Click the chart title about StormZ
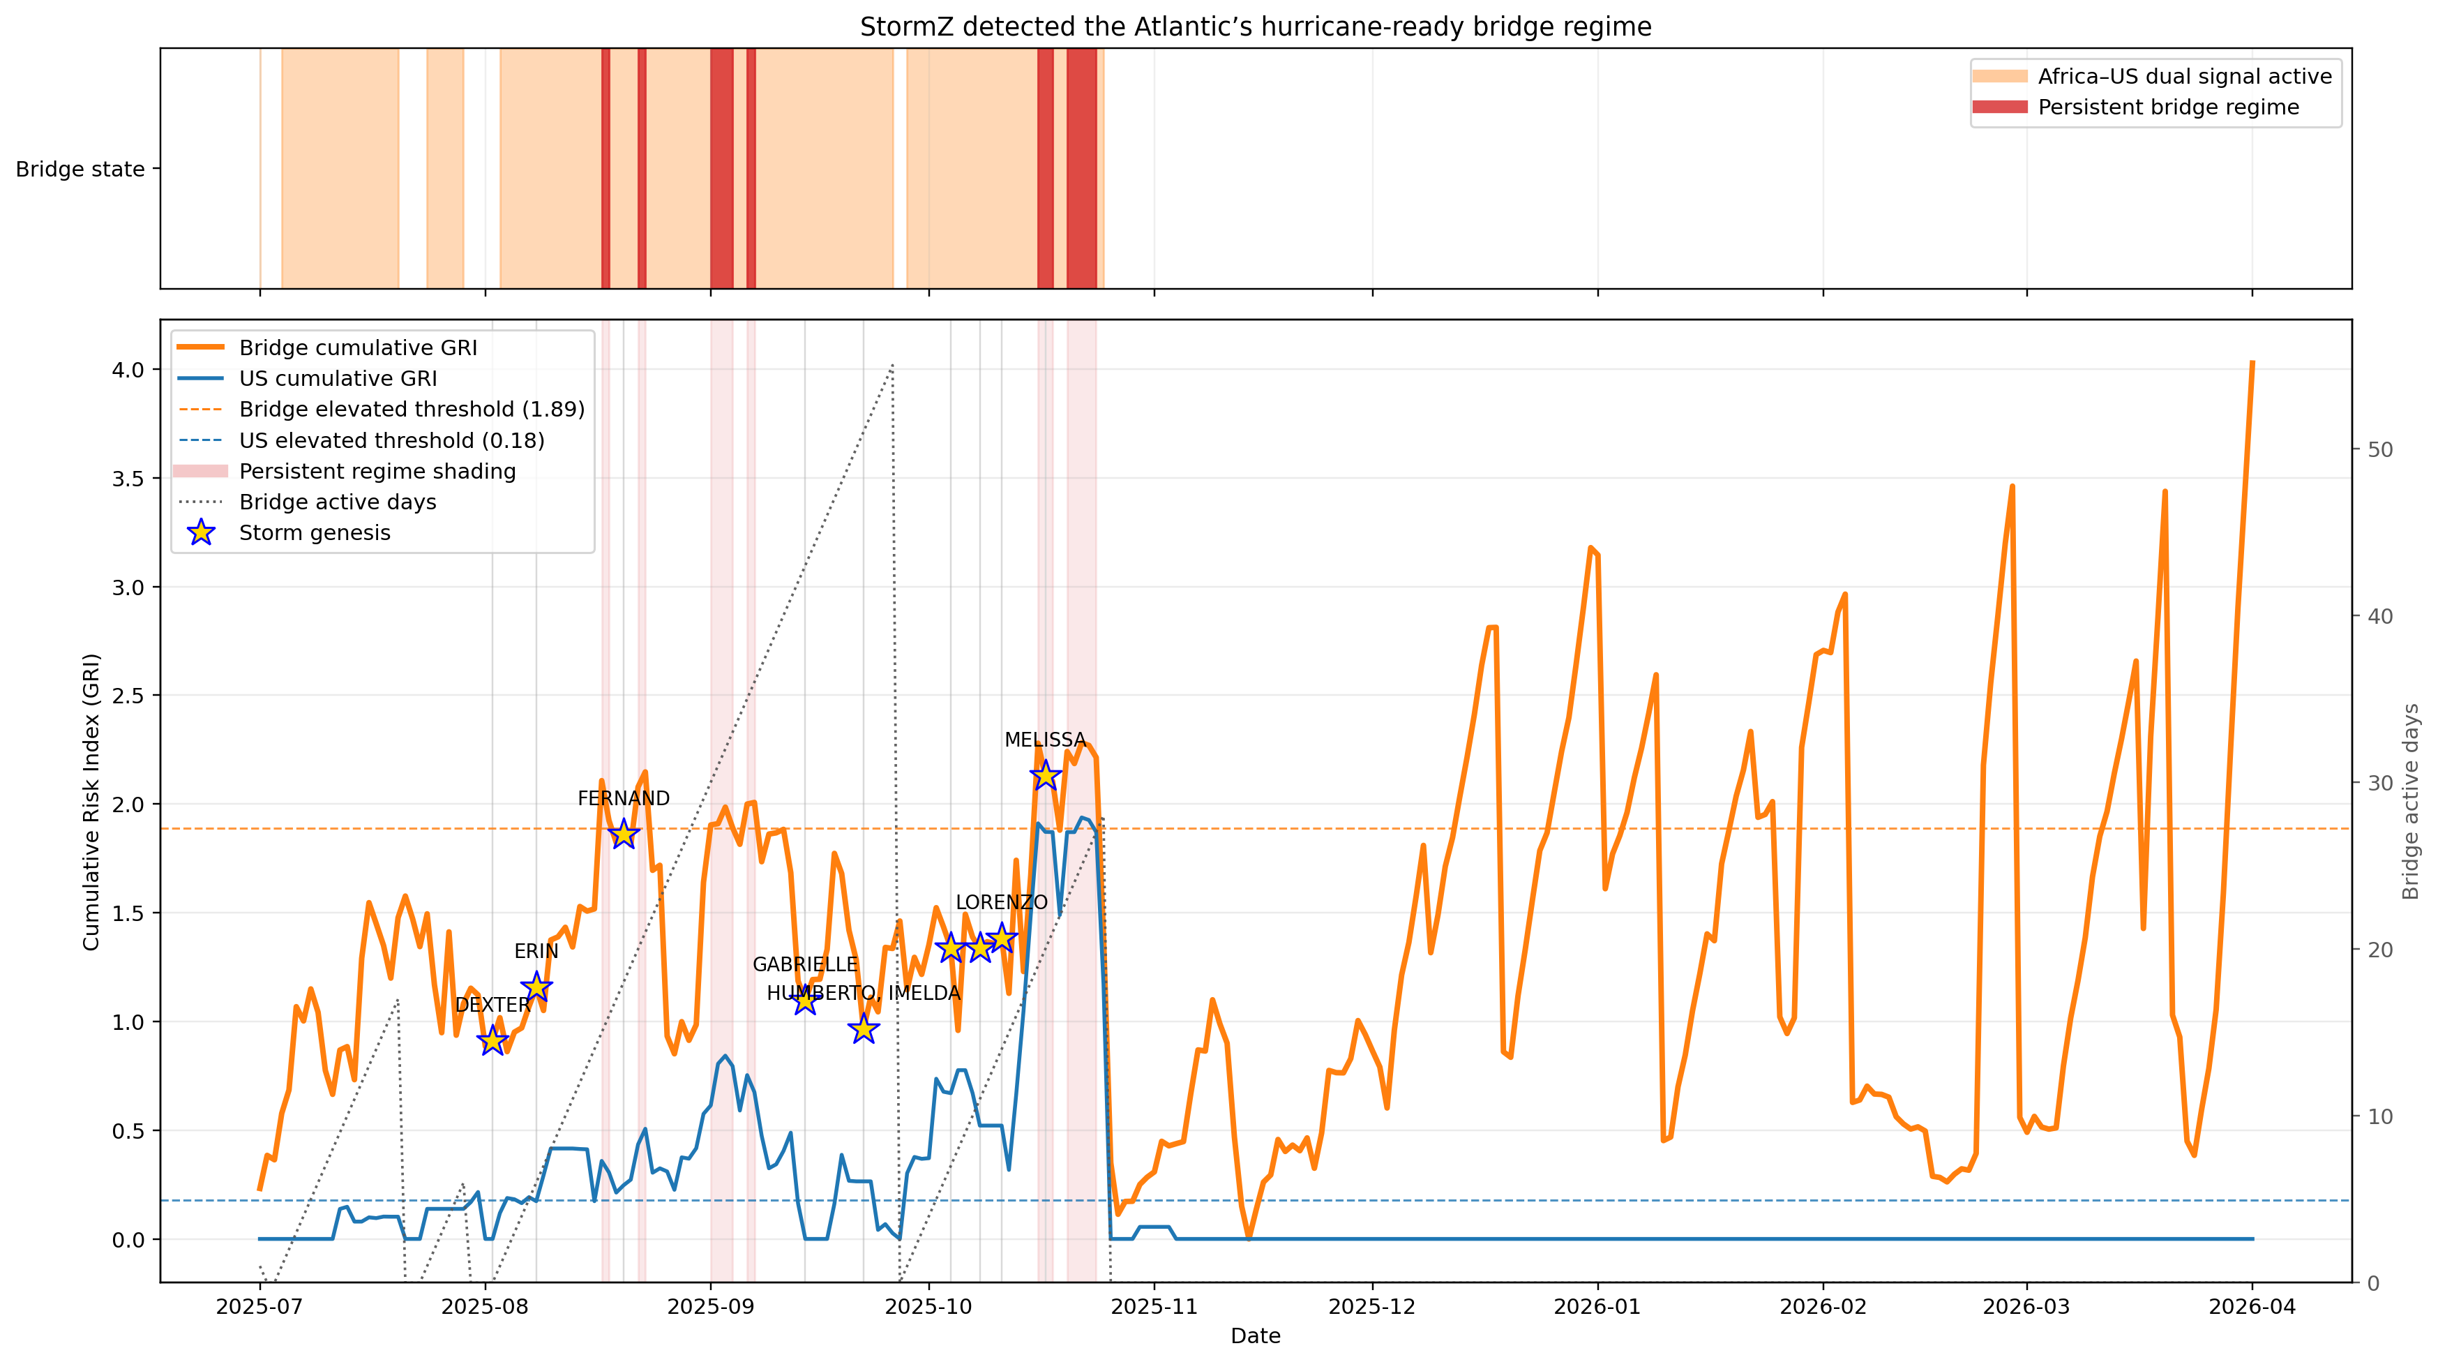click(x=1255, y=27)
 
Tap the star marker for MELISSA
click(x=1045, y=776)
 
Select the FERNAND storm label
click(x=623, y=799)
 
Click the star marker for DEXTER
click(x=492, y=1041)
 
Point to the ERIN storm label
click(x=536, y=951)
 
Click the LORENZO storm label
click(x=1000, y=903)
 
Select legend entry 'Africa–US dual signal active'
click(x=2184, y=77)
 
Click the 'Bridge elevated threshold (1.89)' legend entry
click(x=411, y=410)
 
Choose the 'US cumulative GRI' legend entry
click(x=338, y=379)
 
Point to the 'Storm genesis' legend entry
click(x=314, y=533)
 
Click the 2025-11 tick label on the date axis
click(x=1154, y=1307)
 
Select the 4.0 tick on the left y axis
click(x=129, y=370)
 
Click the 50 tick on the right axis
click(x=2379, y=449)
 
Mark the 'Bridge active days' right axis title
click(x=2411, y=801)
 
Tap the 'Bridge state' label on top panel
click(x=80, y=170)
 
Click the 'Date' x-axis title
click(x=1255, y=1335)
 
